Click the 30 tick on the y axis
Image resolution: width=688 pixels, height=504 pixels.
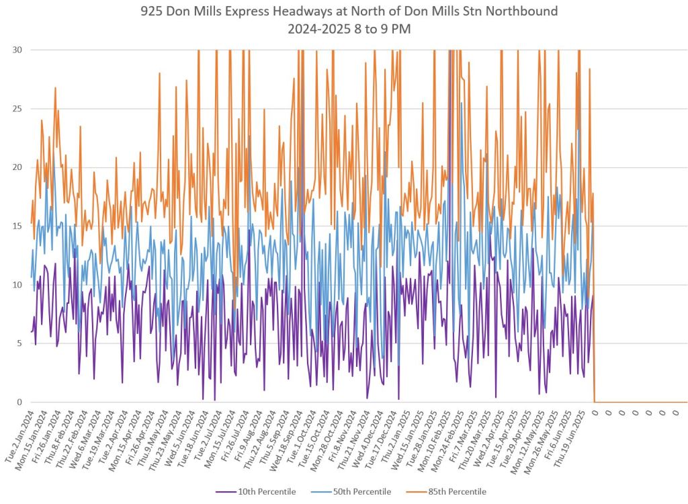click(x=17, y=50)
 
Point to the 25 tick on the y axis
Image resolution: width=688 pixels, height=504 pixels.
click(x=17, y=108)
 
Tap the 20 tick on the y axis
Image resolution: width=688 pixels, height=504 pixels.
click(x=17, y=167)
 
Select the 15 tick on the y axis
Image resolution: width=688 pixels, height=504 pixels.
click(x=17, y=226)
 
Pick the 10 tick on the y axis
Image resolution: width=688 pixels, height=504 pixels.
click(x=17, y=285)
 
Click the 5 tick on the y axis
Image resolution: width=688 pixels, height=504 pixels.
click(x=19, y=343)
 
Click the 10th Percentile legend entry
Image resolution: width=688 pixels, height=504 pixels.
click(x=265, y=492)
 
